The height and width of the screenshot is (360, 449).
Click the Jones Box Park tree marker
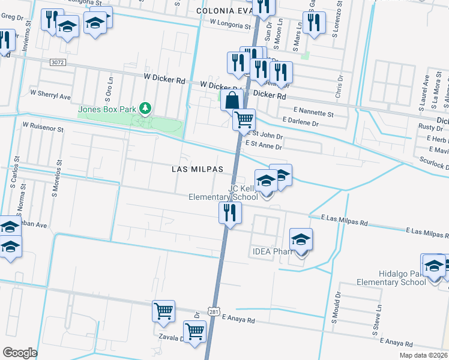tap(144, 108)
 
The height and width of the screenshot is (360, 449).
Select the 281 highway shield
tap(214, 311)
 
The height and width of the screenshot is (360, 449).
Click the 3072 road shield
tap(58, 62)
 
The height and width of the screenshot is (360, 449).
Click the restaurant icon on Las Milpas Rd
tap(229, 212)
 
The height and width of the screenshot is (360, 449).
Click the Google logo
tap(20, 353)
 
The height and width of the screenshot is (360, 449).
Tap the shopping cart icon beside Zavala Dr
tap(194, 331)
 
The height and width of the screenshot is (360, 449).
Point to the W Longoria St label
tap(230, 25)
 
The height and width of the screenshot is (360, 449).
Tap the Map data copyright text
tap(424, 355)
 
